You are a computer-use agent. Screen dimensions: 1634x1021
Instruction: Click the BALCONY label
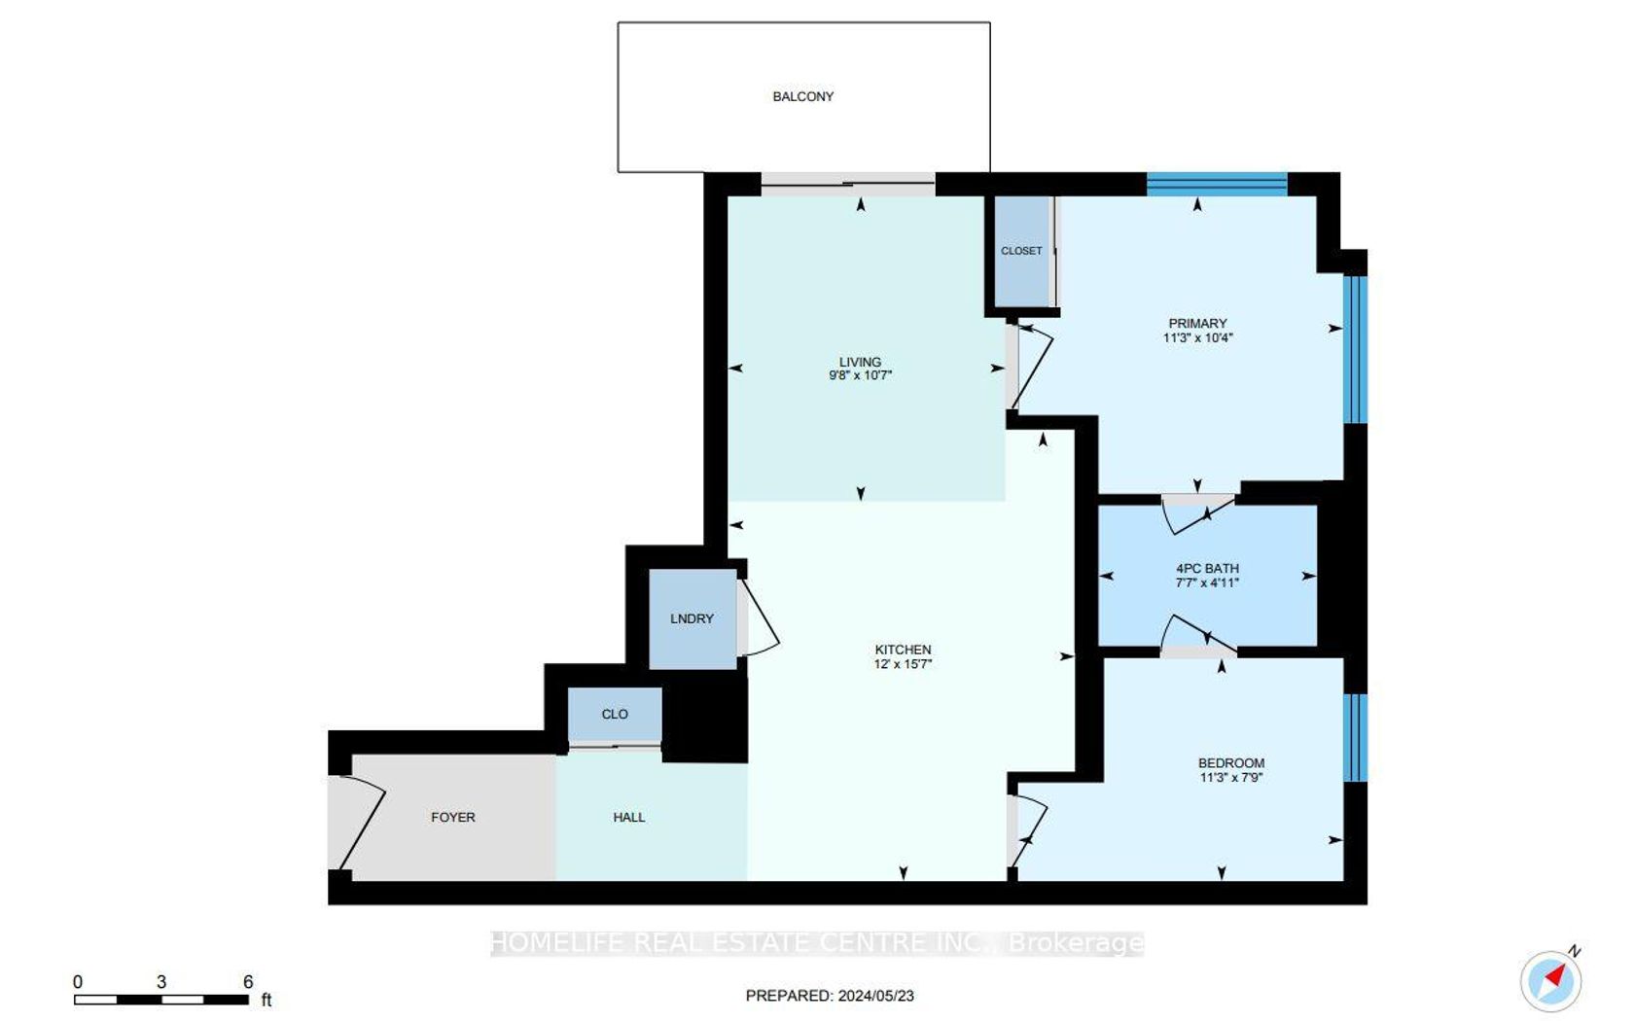pyautogui.click(x=802, y=96)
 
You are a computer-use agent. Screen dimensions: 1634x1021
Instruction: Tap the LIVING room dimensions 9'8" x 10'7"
pyautogui.click(x=861, y=375)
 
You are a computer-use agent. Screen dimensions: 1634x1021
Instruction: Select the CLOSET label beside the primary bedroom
pyautogui.click(x=1021, y=251)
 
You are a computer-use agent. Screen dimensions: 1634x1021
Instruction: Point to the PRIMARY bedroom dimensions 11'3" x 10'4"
pyautogui.click(x=1198, y=337)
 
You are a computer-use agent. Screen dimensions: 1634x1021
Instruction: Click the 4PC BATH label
pyautogui.click(x=1207, y=568)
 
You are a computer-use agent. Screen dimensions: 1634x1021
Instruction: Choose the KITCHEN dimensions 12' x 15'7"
pyautogui.click(x=903, y=663)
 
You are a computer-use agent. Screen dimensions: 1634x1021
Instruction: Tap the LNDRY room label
pyautogui.click(x=692, y=618)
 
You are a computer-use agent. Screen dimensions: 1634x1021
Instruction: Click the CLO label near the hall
pyautogui.click(x=615, y=714)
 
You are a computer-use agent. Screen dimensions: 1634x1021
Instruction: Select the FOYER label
pyautogui.click(x=453, y=818)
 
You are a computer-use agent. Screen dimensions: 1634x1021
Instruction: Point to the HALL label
pyautogui.click(x=628, y=818)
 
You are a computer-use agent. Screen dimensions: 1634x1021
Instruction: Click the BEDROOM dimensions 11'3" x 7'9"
pyautogui.click(x=1231, y=778)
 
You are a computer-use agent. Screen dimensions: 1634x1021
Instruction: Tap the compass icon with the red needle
pyautogui.click(x=1551, y=979)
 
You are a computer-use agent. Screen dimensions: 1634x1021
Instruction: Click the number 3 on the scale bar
pyautogui.click(x=161, y=982)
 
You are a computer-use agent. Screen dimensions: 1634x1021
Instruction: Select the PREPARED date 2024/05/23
pyautogui.click(x=875, y=996)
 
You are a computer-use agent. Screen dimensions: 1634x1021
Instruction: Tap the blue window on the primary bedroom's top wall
pyautogui.click(x=1217, y=185)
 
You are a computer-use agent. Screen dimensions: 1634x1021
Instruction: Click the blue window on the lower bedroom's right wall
pyautogui.click(x=1356, y=737)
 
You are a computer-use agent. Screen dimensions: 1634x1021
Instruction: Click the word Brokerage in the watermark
pyautogui.click(x=1076, y=943)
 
